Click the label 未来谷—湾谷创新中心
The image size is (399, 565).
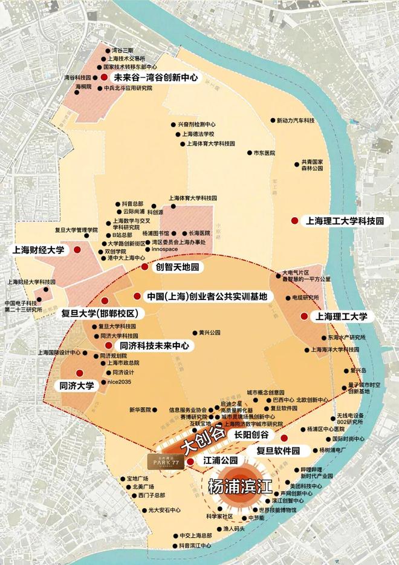[x=156, y=78]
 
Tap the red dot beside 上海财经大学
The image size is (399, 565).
[x=77, y=249]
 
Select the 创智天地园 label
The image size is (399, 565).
[x=177, y=266]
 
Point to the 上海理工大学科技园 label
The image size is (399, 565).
[x=345, y=221]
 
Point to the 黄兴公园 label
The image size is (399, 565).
[x=209, y=333]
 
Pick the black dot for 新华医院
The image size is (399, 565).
[x=156, y=410]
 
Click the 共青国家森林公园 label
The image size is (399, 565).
[x=313, y=166]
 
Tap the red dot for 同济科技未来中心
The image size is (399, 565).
[x=108, y=345]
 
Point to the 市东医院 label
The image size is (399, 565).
[x=264, y=154]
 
